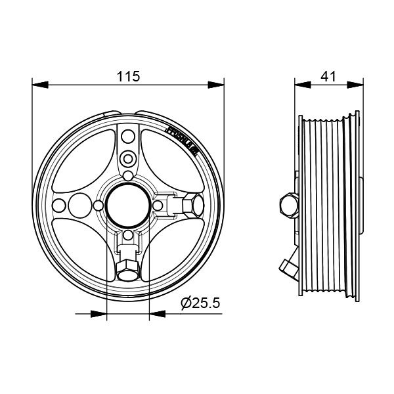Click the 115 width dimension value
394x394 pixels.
click(128, 76)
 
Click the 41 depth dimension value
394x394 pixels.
click(328, 76)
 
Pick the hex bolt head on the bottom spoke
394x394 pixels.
click(127, 269)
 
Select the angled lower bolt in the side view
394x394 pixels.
click(288, 266)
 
